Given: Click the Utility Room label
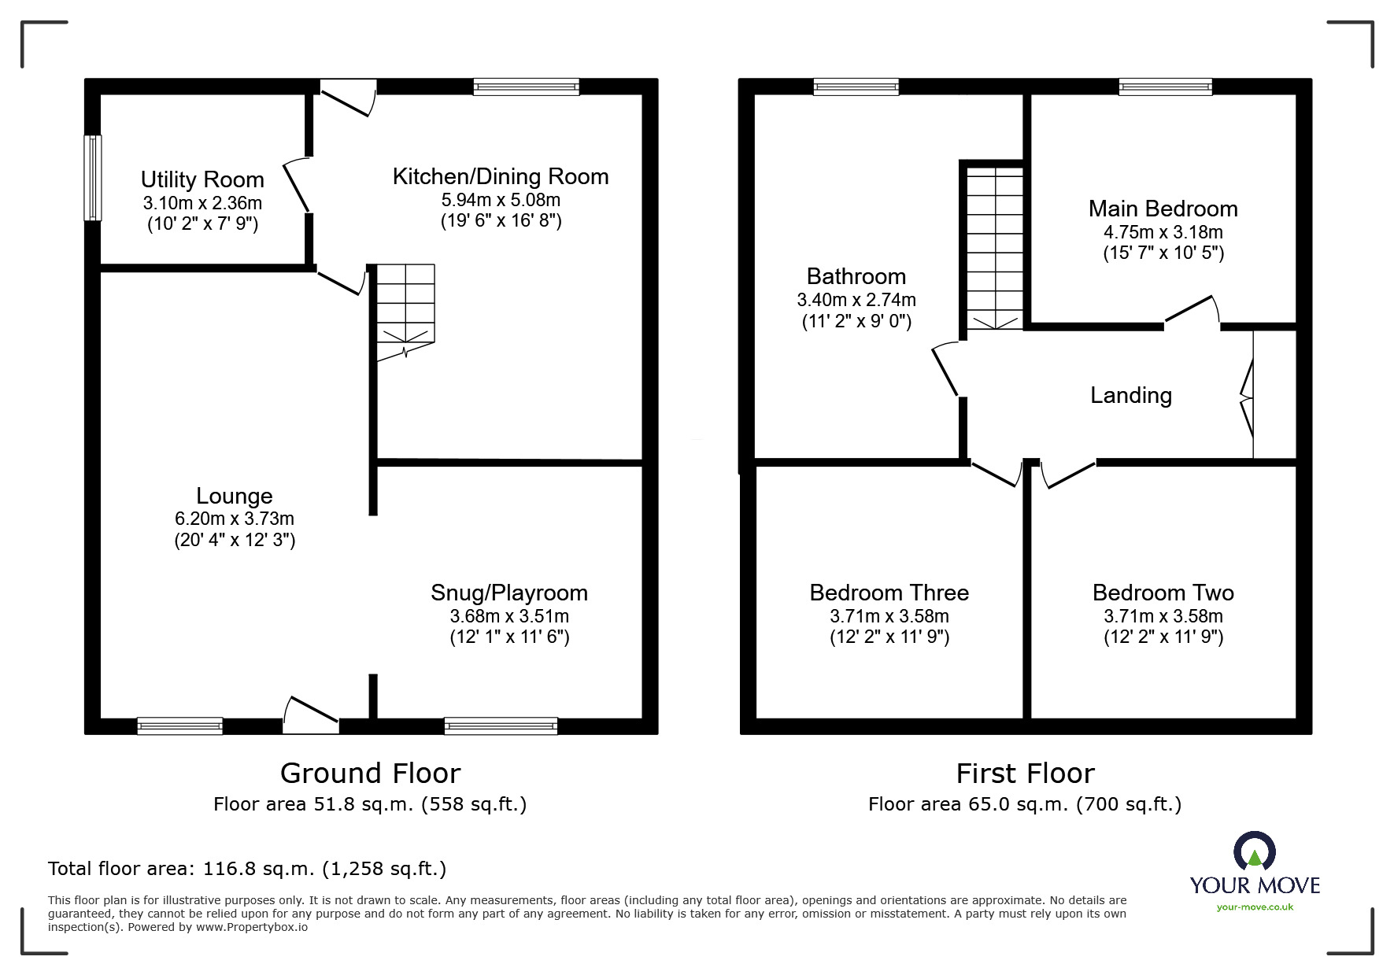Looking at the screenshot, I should [x=202, y=179].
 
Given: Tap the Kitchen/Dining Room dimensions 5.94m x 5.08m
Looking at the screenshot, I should [x=501, y=200].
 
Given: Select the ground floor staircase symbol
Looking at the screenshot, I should [x=405, y=312].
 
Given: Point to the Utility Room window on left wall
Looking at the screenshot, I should [x=93, y=178].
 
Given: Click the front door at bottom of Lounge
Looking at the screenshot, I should [x=312, y=715].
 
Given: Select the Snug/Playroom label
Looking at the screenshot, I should [x=509, y=593].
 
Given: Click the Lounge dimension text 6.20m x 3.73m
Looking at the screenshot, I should [x=235, y=519].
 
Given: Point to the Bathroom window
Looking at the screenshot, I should [x=856, y=87].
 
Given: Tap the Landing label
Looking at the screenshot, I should [x=1130, y=395].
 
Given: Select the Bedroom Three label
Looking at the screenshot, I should [x=889, y=593].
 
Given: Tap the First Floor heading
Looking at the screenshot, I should [x=1025, y=774].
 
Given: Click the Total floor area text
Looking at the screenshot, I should [x=247, y=869].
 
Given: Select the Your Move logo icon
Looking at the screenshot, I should [x=1254, y=853].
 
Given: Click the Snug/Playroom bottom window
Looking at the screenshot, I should [x=501, y=726].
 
